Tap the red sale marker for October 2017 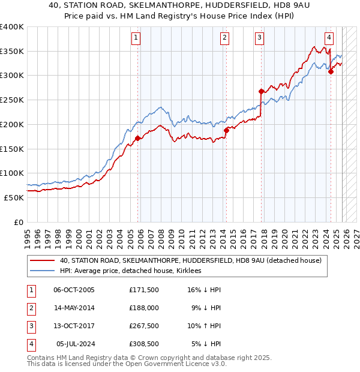coord(261,91)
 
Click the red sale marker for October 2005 coord(137,138)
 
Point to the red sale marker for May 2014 coord(226,130)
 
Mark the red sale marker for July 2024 coord(331,71)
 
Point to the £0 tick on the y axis coord(19,222)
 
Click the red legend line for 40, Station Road coord(43,261)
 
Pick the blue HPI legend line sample coord(43,271)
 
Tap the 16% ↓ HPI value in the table coord(204,290)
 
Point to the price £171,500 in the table coord(144,290)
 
